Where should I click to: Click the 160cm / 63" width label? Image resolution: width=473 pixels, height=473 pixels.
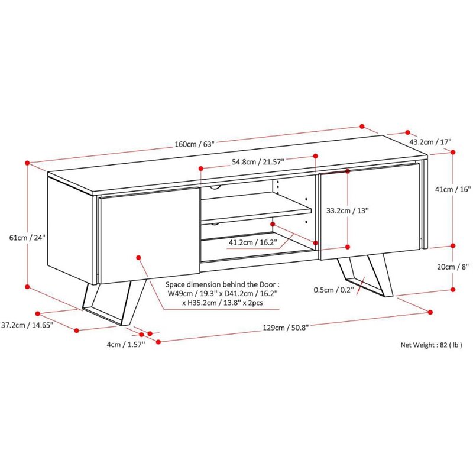tap(195, 144)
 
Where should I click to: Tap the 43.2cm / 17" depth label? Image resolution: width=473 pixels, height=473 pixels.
tap(430, 142)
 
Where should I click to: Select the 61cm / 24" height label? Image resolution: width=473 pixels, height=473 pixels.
tap(27, 238)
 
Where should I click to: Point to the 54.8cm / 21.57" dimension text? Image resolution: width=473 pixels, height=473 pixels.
tap(258, 162)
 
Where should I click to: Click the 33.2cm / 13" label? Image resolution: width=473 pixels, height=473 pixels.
tap(348, 210)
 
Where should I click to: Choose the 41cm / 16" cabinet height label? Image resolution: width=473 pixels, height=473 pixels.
tap(453, 189)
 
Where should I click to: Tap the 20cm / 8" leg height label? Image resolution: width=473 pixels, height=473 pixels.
tap(453, 267)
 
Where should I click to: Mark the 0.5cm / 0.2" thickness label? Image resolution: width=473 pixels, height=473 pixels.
tap(333, 290)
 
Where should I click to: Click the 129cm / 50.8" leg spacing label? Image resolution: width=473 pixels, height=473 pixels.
tap(286, 328)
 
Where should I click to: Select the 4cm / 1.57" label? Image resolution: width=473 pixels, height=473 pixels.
tap(126, 345)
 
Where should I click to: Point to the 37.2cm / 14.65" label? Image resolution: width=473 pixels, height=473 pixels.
tap(27, 325)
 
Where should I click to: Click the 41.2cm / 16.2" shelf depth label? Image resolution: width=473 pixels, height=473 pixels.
tap(253, 242)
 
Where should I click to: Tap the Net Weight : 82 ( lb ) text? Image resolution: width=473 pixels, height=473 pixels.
tap(431, 345)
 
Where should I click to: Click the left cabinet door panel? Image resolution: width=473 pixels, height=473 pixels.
tap(150, 235)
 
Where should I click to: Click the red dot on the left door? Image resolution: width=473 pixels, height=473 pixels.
tap(138, 257)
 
